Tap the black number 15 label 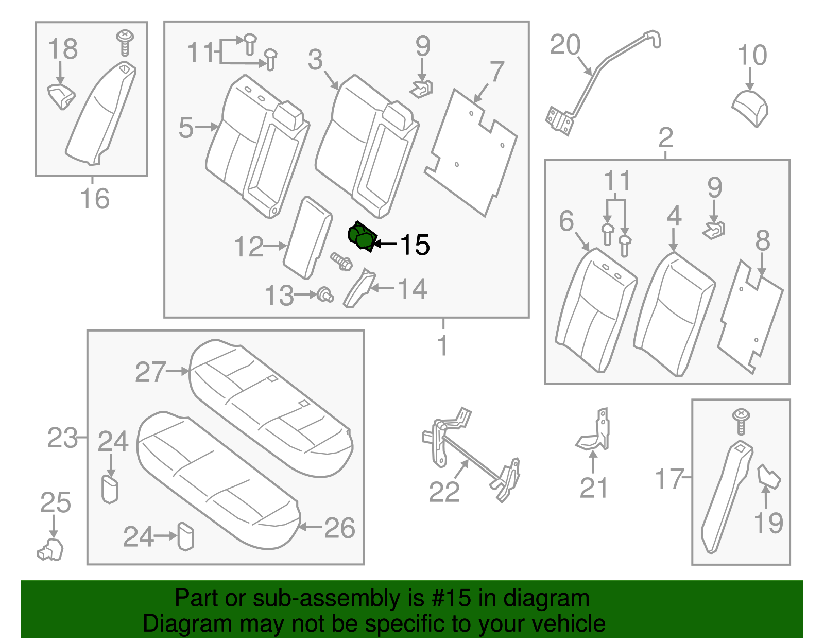point(414,245)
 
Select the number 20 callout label point(565,45)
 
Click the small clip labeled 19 point(768,477)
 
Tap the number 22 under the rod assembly point(444,492)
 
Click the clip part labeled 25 point(50,549)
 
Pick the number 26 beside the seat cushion point(339,528)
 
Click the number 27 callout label point(150,372)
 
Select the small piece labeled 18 point(61,96)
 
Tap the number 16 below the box point(95,199)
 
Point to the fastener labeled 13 point(325,295)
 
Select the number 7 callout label point(496,72)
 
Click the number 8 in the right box point(762,240)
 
